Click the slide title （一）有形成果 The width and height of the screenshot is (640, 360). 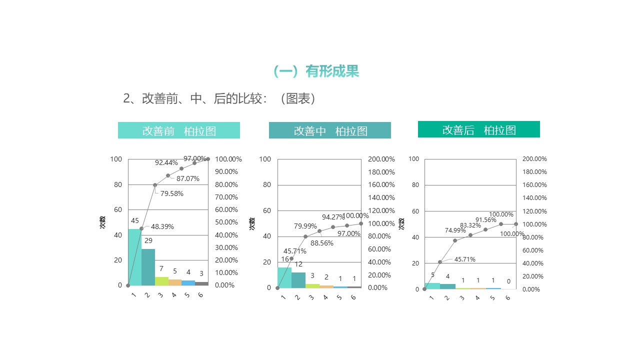click(x=316, y=71)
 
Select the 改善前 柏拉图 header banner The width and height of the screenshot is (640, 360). click(x=179, y=130)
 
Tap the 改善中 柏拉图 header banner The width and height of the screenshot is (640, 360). click(x=330, y=131)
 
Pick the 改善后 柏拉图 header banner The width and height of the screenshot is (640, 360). click(x=479, y=129)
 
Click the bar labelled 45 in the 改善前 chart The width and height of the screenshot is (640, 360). click(x=134, y=257)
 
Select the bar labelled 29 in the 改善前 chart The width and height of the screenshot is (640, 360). click(x=148, y=267)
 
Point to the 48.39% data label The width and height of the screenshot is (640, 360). click(x=162, y=226)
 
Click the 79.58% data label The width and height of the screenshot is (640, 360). click(x=171, y=193)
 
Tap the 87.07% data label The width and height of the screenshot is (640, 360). click(x=187, y=178)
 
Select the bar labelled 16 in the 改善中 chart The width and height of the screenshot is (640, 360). click(x=284, y=277)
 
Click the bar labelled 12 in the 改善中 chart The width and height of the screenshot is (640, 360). click(x=298, y=280)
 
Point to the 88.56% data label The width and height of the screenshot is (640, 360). click(x=321, y=243)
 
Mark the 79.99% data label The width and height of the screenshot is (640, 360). click(x=305, y=226)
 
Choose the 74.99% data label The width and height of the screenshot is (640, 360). click(x=455, y=230)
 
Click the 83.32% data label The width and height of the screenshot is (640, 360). click(x=470, y=225)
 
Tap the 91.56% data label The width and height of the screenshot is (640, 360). click(x=485, y=219)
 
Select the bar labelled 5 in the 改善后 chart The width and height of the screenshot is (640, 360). click(x=432, y=286)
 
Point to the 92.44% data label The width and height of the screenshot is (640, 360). click(x=166, y=162)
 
